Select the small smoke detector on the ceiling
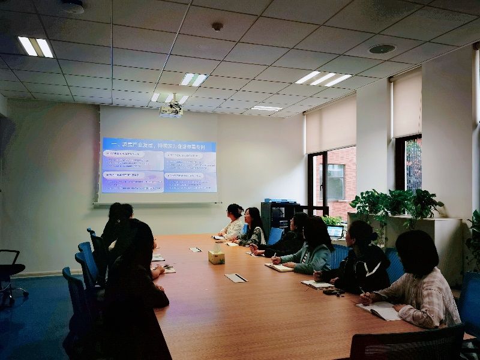(x=217, y=26)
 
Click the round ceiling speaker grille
(x=382, y=49)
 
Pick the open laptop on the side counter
(x=335, y=232)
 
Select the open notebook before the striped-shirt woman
(x=379, y=310)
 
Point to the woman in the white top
(x=233, y=223)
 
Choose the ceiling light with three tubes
(x=323, y=79)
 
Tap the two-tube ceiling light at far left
(x=35, y=47)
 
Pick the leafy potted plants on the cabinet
(x=396, y=204)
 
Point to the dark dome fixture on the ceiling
(x=73, y=7)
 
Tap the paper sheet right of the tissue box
(x=236, y=278)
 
